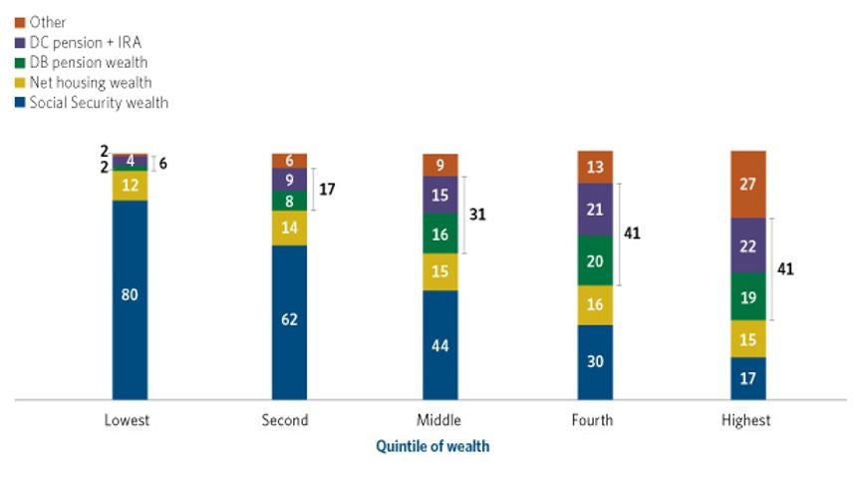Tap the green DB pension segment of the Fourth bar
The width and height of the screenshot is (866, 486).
pyautogui.click(x=594, y=260)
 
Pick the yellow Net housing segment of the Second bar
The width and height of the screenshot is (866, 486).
pyautogui.click(x=289, y=228)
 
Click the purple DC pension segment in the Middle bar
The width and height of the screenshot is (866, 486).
pyautogui.click(x=439, y=196)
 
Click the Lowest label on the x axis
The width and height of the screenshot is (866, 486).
pyautogui.click(x=127, y=420)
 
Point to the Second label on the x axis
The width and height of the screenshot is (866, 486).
pyautogui.click(x=285, y=420)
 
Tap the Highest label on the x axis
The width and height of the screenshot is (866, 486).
pyautogui.click(x=746, y=420)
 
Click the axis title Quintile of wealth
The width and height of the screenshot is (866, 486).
pyautogui.click(x=433, y=446)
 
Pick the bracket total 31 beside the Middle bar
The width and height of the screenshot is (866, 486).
pyautogui.click(x=478, y=215)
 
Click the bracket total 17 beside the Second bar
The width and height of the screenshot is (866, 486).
pyautogui.click(x=328, y=188)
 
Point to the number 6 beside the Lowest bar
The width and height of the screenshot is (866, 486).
pyautogui.click(x=162, y=163)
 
